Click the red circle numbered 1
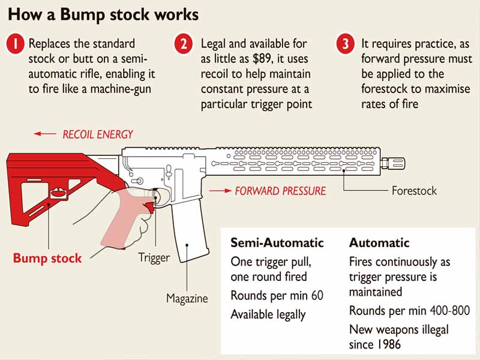pyautogui.click(x=15, y=44)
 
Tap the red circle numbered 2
pyautogui.click(x=184, y=44)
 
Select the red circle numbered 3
pyautogui.click(x=344, y=44)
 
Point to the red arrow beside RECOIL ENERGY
pyautogui.click(x=45, y=134)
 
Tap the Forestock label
pyautogui.click(x=414, y=191)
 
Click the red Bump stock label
pyautogui.click(x=47, y=259)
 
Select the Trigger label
pyautogui.click(x=154, y=257)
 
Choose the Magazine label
pyautogui.click(x=187, y=298)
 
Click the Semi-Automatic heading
pyautogui.click(x=277, y=243)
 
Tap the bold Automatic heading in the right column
pyautogui.click(x=379, y=243)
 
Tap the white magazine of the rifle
pyautogui.click(x=188, y=234)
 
